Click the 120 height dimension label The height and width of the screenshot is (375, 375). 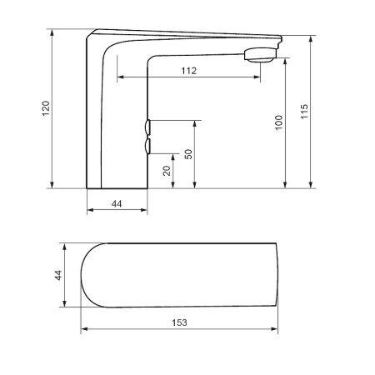pos(46,108)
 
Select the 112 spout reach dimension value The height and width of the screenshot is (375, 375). pos(188,71)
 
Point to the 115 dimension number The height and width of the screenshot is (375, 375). pos(305,110)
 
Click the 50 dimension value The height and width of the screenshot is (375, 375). pos(188,154)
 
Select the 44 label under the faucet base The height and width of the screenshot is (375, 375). pos(117,202)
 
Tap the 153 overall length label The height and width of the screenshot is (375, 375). pos(178,322)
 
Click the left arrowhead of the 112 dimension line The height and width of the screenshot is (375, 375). pos(120,77)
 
